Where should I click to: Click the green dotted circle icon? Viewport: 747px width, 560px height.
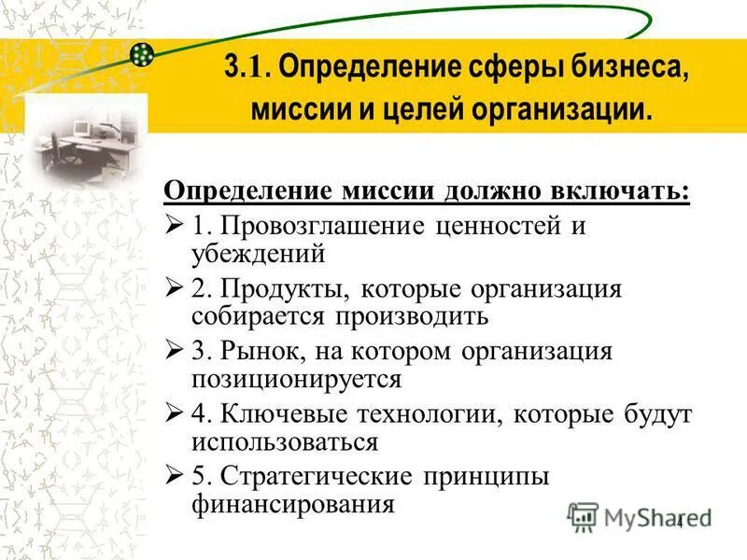point(142,54)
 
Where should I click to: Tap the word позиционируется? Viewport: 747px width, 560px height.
point(297,379)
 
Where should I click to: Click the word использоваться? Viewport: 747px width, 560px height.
point(285,441)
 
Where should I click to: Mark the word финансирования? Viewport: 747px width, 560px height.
point(293,504)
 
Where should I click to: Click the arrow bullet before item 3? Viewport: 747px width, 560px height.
point(174,353)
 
